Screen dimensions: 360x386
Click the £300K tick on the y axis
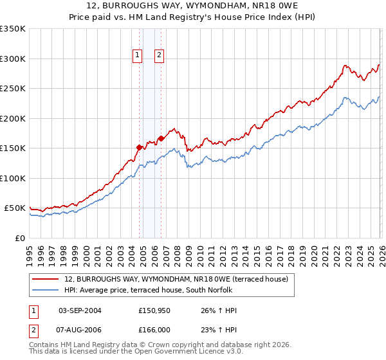[13, 59]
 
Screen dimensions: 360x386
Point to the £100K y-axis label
[13, 178]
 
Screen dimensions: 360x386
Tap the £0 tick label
[20, 238]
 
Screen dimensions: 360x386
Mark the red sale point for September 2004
[139, 147]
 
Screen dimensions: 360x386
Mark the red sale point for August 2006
[161, 138]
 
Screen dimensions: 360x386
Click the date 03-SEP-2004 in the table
[80, 310]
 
